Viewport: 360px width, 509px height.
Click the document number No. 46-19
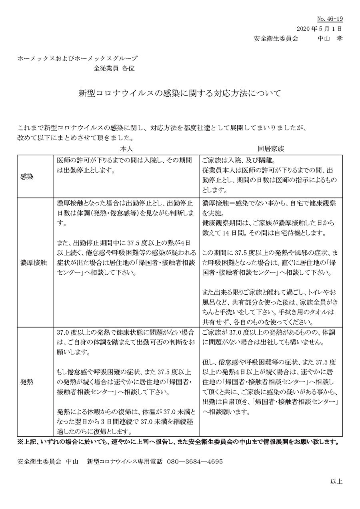pos(330,19)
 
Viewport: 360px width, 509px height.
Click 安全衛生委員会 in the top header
pos(276,39)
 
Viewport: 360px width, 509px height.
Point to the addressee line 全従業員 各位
pos(114,68)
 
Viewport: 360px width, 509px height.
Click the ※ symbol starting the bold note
pos(20,442)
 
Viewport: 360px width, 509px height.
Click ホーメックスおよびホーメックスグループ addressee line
pos(77,58)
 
